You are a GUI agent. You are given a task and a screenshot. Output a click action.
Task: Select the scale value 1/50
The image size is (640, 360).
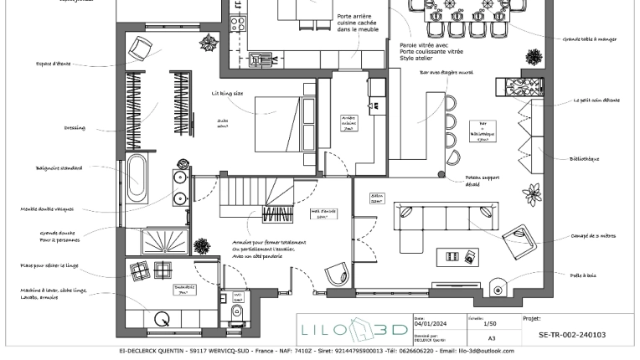click(x=491, y=322)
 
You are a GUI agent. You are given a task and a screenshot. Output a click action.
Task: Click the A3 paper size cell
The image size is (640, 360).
click(x=492, y=338)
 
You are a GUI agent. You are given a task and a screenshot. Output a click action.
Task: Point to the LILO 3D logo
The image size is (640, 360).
click(x=354, y=329)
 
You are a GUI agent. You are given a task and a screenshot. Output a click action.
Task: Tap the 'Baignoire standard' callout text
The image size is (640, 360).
click(x=59, y=168)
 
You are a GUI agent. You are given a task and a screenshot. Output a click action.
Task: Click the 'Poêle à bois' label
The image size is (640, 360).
click(x=583, y=275)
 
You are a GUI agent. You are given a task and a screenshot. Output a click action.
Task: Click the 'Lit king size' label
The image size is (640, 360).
click(x=227, y=94)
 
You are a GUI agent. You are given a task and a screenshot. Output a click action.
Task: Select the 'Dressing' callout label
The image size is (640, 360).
click(x=75, y=128)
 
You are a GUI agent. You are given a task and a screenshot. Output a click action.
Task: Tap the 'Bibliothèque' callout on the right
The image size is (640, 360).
click(x=584, y=159)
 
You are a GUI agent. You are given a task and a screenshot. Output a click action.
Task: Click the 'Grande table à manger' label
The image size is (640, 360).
click(x=590, y=39)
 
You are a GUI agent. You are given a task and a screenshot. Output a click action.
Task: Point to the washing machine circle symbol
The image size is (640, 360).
click(x=162, y=318)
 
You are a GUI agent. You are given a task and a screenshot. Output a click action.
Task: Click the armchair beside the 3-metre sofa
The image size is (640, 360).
click(x=520, y=241)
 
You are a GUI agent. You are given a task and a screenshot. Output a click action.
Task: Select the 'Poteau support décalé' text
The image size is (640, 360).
click(x=482, y=181)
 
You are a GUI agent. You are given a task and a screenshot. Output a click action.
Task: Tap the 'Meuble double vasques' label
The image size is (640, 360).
click(x=48, y=209)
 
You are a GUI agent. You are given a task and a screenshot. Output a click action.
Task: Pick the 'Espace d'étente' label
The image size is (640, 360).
click(x=54, y=64)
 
